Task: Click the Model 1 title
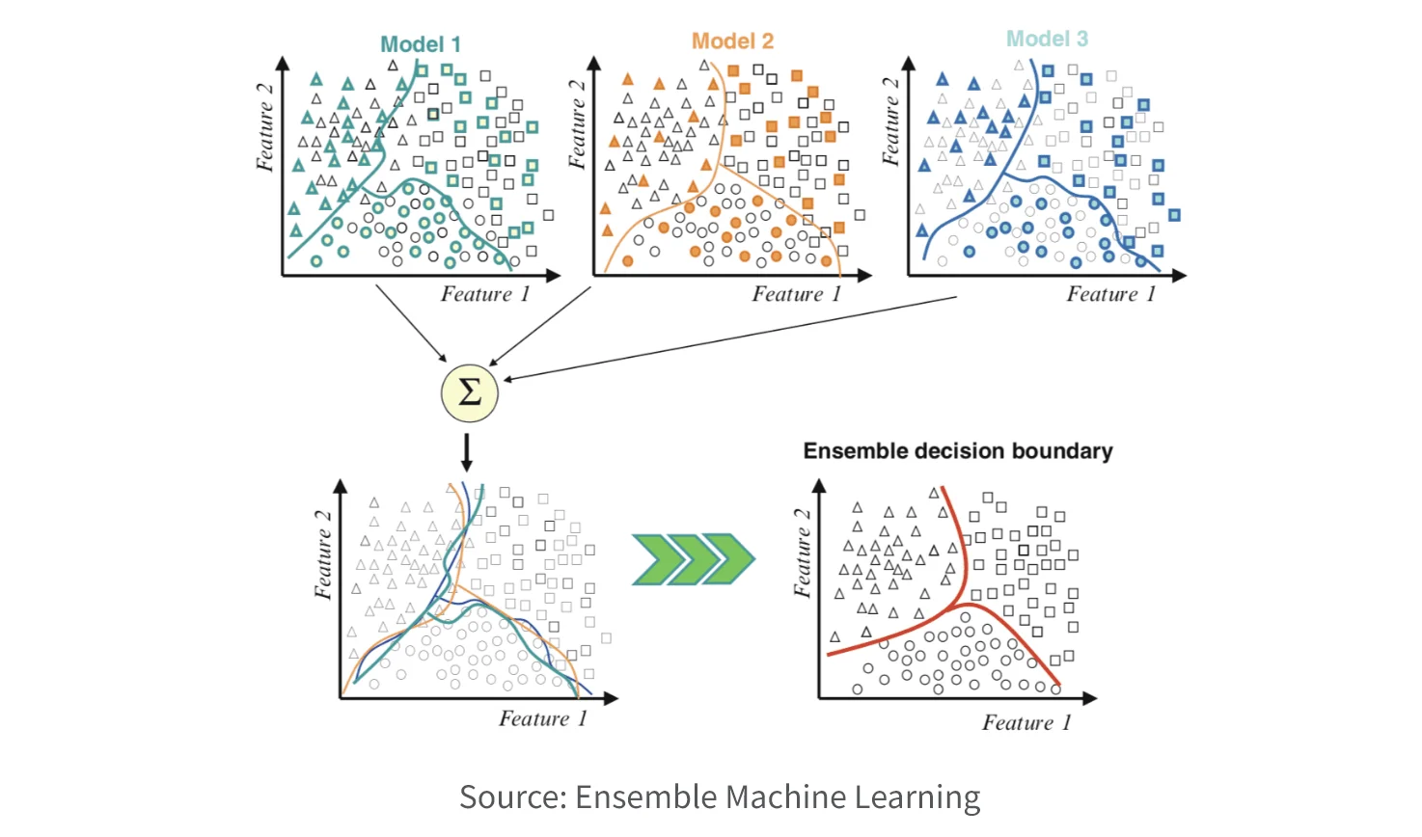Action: (421, 44)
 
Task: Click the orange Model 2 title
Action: (732, 41)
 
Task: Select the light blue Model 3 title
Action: (1047, 39)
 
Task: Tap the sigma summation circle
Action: (470, 393)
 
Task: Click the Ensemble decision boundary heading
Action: (958, 451)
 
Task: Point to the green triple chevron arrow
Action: (693, 558)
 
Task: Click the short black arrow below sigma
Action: (467, 451)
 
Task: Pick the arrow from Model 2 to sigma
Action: (540, 326)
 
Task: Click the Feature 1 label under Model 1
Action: (485, 294)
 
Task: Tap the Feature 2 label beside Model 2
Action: (577, 124)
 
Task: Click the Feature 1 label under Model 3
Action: (1110, 294)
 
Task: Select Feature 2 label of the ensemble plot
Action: (803, 553)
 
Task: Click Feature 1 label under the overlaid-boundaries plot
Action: (543, 718)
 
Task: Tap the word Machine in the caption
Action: (784, 797)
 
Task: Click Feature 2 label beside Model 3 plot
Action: (891, 121)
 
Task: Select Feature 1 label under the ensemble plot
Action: (1026, 723)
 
